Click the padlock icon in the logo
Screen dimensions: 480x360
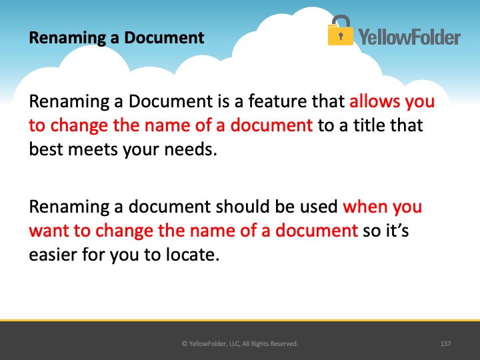pos(340,30)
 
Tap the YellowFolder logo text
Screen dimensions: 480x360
pos(409,37)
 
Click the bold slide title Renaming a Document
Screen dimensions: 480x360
pos(116,37)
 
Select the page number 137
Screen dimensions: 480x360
pos(445,343)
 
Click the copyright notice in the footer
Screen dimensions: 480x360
pos(240,343)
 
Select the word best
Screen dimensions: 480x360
pos(46,149)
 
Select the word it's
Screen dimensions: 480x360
pos(397,230)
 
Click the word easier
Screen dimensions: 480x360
pos(53,255)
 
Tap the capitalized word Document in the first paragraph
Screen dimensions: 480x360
pos(171,101)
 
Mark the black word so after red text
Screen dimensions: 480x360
pos(371,231)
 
